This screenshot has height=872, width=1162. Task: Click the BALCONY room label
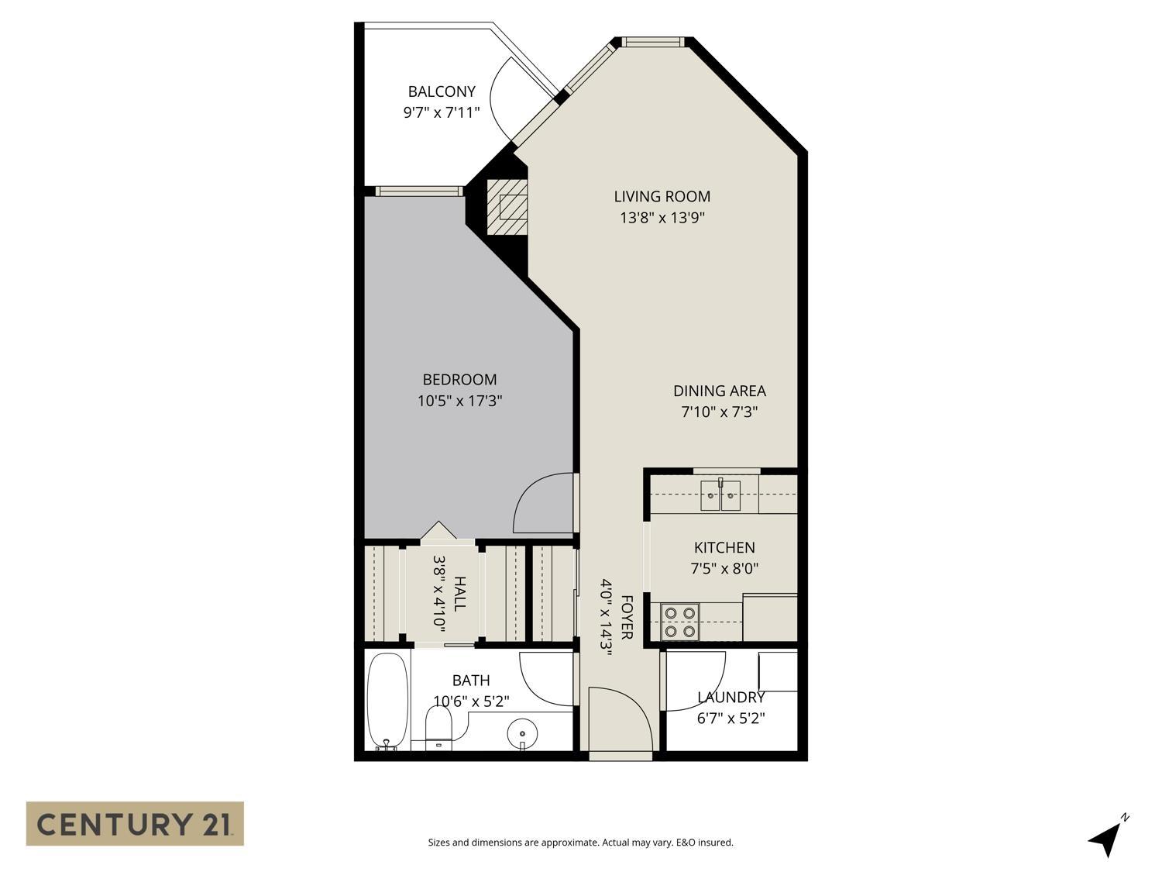(x=442, y=91)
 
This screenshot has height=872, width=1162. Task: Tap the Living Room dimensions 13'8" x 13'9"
(x=662, y=218)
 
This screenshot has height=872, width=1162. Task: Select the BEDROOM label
(x=459, y=380)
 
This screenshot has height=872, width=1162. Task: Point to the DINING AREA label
(x=719, y=391)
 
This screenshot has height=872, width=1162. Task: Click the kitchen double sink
(x=720, y=495)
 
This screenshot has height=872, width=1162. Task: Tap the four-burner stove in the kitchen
(x=679, y=622)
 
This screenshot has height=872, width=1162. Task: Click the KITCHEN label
(x=724, y=548)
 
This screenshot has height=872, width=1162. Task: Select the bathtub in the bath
(x=387, y=701)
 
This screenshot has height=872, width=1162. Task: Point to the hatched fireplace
(x=507, y=207)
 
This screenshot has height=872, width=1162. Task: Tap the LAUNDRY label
(x=731, y=697)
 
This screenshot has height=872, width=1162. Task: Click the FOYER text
(x=627, y=618)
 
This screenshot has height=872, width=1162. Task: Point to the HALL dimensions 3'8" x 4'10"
(x=439, y=593)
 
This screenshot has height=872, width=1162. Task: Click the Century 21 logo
(x=135, y=823)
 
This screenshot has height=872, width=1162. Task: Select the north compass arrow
(x=1106, y=837)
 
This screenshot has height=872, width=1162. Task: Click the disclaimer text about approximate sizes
(x=580, y=843)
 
